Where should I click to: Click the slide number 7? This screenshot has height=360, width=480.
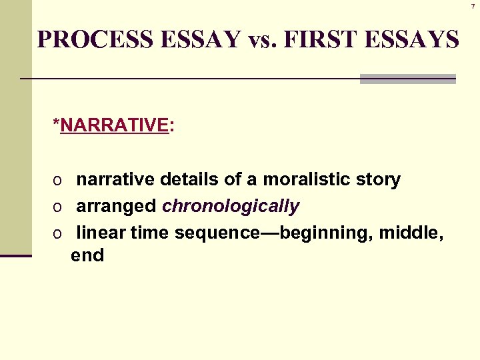click(473, 6)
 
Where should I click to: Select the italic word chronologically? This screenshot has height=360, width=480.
click(231, 207)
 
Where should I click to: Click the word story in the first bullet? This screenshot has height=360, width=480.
click(378, 180)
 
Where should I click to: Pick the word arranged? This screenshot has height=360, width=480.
click(117, 207)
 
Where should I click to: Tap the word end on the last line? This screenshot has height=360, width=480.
click(87, 255)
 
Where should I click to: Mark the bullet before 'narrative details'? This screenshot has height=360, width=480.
click(59, 181)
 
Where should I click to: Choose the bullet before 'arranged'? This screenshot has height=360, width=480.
click(59, 207)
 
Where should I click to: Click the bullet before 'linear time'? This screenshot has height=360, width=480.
click(59, 234)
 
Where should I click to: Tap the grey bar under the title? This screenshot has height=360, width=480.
click(407, 79)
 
